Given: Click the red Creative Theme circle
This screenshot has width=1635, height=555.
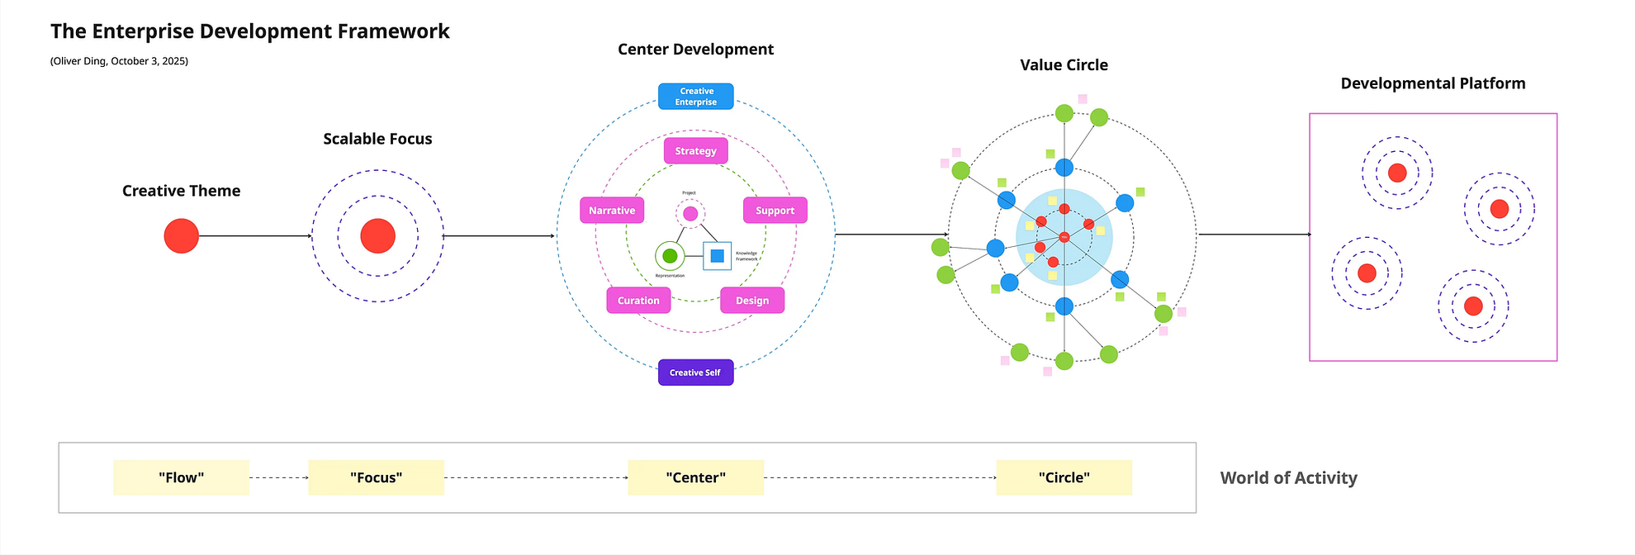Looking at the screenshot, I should pyautogui.click(x=181, y=236).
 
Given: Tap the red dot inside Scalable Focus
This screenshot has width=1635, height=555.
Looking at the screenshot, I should pyautogui.click(x=377, y=236).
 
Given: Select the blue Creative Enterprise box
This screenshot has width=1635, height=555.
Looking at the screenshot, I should pyautogui.click(x=695, y=97).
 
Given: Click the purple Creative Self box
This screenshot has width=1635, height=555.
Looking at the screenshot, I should pyautogui.click(x=695, y=372).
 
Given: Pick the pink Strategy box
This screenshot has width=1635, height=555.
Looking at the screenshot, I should pyautogui.click(x=695, y=151).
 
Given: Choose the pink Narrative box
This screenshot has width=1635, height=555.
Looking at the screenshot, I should pyautogui.click(x=612, y=211).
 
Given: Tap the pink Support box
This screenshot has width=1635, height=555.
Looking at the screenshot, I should pyautogui.click(x=775, y=211).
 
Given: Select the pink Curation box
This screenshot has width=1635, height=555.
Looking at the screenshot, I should pyautogui.click(x=638, y=301).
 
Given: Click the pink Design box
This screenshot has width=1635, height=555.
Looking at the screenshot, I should pyautogui.click(x=752, y=301).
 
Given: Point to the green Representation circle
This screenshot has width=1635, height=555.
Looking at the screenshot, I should pyautogui.click(x=670, y=256).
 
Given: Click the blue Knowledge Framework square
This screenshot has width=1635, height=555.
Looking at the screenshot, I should pyautogui.click(x=717, y=256).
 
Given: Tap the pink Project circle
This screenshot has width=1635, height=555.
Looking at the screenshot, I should pyautogui.click(x=690, y=214).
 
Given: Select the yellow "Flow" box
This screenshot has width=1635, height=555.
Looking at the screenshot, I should pyautogui.click(x=181, y=477).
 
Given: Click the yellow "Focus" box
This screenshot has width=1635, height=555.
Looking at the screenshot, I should pyautogui.click(x=376, y=477).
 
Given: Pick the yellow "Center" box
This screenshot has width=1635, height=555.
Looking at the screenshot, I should pyautogui.click(x=695, y=477).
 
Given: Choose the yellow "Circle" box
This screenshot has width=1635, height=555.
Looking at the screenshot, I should pyautogui.click(x=1064, y=477).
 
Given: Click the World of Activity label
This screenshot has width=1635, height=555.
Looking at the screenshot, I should pyautogui.click(x=1288, y=478).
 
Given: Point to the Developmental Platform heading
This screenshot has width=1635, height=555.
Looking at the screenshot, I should pyautogui.click(x=1433, y=83).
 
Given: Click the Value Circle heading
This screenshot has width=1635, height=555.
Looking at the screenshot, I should pyautogui.click(x=1064, y=65).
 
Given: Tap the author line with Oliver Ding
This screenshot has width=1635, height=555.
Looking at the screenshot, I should pyautogui.click(x=119, y=61).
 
